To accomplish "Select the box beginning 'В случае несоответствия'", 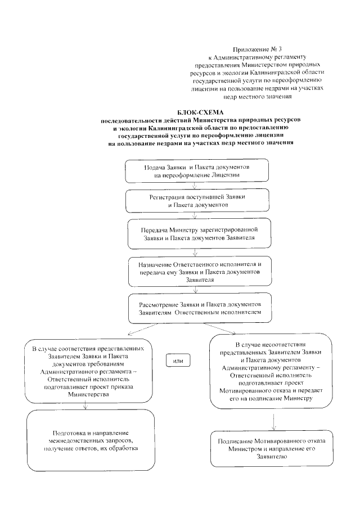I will (274, 371).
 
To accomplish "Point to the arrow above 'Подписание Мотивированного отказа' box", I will (273, 420).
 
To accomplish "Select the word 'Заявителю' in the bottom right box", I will (274, 457).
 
